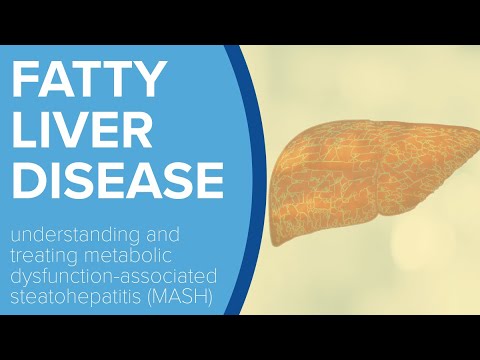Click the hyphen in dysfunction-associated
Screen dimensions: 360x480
112,277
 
